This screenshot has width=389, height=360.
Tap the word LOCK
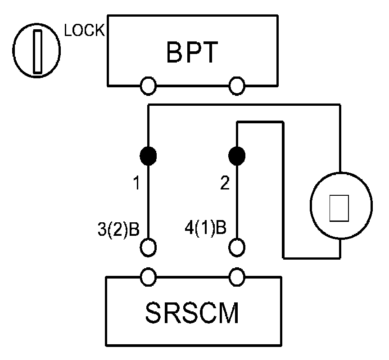pyautogui.click(x=85, y=31)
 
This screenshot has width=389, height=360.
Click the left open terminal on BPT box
pyautogui.click(x=148, y=84)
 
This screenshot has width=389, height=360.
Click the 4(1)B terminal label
pyautogui.click(x=205, y=228)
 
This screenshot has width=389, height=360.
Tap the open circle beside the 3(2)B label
pyautogui.click(x=149, y=247)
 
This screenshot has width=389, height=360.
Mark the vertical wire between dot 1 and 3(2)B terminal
pyautogui.click(x=149, y=202)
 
